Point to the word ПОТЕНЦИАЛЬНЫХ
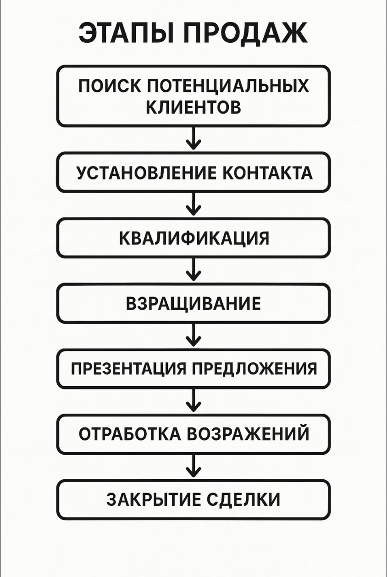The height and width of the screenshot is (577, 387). click(x=228, y=86)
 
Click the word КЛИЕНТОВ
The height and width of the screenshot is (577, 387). click(x=193, y=107)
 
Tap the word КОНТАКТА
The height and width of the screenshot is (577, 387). click(x=267, y=172)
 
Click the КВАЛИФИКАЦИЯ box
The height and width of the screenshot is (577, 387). click(x=193, y=238)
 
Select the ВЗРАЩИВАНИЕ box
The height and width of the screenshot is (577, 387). click(x=193, y=303)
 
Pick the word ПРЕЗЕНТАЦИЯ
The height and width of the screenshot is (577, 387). click(x=128, y=369)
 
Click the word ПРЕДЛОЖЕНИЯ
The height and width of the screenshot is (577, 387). click(x=254, y=369)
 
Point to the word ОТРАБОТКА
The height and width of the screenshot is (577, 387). click(x=130, y=434)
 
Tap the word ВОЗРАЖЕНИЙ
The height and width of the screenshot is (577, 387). click(x=248, y=433)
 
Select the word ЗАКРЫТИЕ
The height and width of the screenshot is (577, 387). click(x=154, y=499)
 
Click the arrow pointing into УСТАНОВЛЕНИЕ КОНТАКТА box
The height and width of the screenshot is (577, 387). click(x=193, y=138)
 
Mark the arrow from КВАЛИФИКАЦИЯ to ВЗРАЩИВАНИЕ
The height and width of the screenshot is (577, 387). click(x=193, y=269)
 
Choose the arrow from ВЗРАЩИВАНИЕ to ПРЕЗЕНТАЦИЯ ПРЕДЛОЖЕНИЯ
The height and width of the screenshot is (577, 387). click(x=193, y=335)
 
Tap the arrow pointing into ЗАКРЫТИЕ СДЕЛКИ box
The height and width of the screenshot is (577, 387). click(x=193, y=466)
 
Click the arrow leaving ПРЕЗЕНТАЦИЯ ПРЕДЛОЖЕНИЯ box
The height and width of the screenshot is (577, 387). click(x=193, y=400)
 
